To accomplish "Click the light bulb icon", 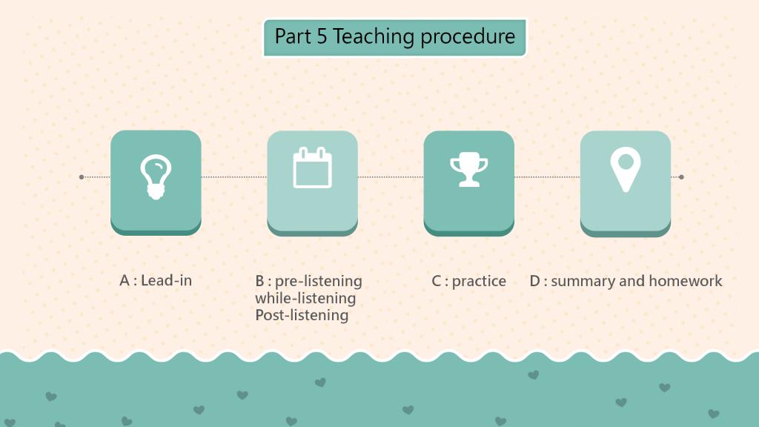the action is pyautogui.click(x=156, y=177).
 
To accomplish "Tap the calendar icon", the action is pyautogui.click(x=312, y=168).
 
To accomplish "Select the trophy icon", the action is pyautogui.click(x=468, y=170).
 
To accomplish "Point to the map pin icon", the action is pyautogui.click(x=626, y=170).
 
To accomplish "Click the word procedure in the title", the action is pyautogui.click(x=468, y=37).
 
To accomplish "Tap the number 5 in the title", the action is pyautogui.click(x=322, y=37).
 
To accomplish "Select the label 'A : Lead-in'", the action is pyautogui.click(x=156, y=280).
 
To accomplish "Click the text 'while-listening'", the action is pyautogui.click(x=305, y=298).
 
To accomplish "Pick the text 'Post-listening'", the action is pyautogui.click(x=302, y=315).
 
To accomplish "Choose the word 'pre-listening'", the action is pyautogui.click(x=319, y=281).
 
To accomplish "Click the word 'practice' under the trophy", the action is pyautogui.click(x=479, y=281).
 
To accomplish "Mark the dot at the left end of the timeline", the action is pyautogui.click(x=82, y=177).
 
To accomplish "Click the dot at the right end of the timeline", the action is pyautogui.click(x=682, y=177).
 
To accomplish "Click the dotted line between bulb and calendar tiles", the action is pyautogui.click(x=233, y=177).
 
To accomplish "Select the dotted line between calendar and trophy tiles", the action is pyautogui.click(x=391, y=177).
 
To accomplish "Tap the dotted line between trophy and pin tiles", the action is pyautogui.click(x=547, y=177).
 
